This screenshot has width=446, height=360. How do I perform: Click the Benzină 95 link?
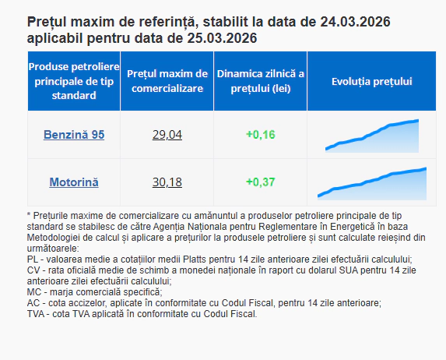coord(74,135)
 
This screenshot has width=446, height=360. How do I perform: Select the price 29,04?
coord(167,135)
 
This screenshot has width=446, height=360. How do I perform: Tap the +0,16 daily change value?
coord(260,135)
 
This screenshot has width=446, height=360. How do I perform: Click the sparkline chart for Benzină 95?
coord(372,136)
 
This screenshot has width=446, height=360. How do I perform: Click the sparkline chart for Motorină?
coord(372,183)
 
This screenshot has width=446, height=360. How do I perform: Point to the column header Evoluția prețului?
coord(371,81)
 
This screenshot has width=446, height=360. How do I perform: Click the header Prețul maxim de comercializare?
coord(167,81)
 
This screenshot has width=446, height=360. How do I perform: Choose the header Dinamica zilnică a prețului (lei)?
coord(260,81)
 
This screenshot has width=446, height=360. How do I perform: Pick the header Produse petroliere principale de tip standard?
coord(74,81)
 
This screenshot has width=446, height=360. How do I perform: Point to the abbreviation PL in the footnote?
coord(32,259)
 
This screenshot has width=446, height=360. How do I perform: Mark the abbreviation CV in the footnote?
coord(33,270)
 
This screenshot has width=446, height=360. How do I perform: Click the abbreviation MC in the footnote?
coord(33,292)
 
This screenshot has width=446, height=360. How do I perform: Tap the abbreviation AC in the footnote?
coord(33,303)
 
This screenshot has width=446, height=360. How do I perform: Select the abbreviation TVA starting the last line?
coord(36,314)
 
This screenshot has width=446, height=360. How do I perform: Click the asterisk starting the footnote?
coord(29,215)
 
